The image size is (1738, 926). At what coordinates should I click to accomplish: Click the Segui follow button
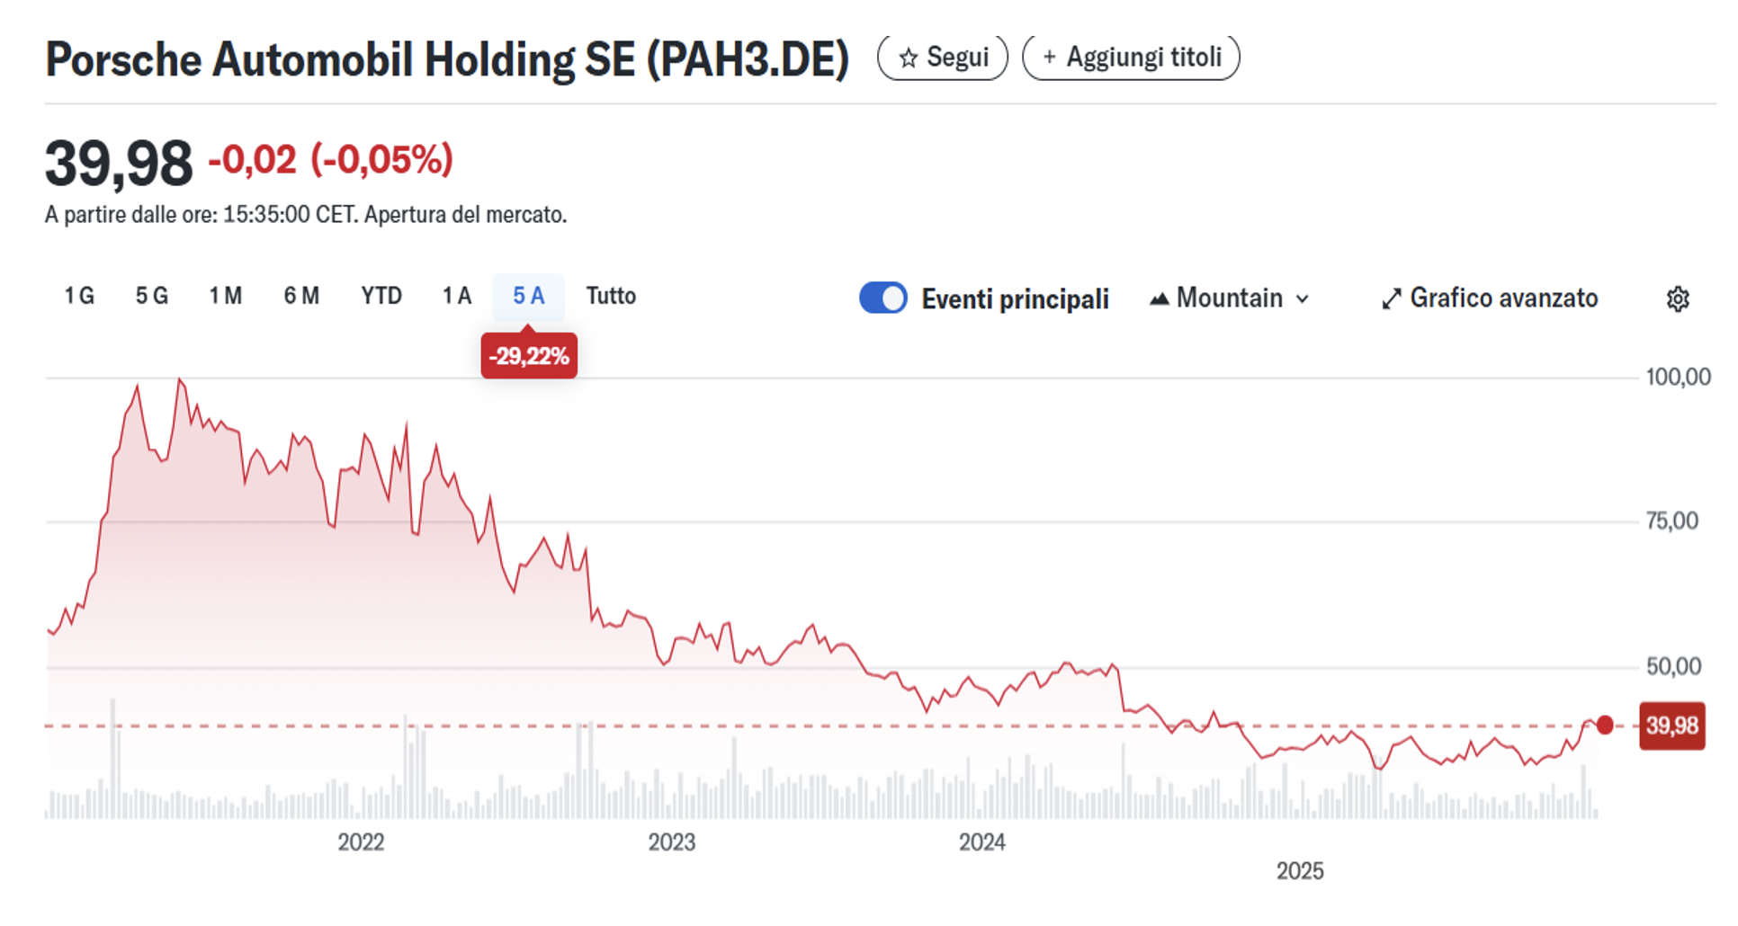click(x=943, y=58)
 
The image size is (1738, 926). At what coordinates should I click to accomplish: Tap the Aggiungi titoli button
click(x=1131, y=58)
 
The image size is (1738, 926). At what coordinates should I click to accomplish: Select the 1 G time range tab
click(x=79, y=296)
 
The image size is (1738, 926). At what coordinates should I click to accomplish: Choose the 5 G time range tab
click(x=152, y=296)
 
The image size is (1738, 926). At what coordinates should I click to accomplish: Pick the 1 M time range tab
click(x=226, y=296)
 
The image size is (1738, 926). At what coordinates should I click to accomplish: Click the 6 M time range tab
click(x=301, y=296)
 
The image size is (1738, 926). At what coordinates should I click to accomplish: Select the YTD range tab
click(x=381, y=296)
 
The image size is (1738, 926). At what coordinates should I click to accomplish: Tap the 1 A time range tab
click(x=457, y=296)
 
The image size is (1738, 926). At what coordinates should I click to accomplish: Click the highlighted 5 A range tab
click(x=528, y=296)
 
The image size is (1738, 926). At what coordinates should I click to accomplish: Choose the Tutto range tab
click(x=611, y=296)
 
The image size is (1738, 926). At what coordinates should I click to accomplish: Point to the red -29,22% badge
click(x=529, y=356)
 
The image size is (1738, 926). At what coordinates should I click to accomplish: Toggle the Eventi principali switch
click(x=883, y=298)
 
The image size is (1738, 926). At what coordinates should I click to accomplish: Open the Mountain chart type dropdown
click(x=1229, y=298)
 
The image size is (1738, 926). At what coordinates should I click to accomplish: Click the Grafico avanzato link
click(x=1490, y=298)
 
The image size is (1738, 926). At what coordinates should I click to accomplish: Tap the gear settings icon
click(x=1678, y=298)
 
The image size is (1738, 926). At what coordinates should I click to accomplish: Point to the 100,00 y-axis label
click(x=1678, y=377)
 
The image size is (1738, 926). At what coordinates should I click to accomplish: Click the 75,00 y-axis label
click(x=1672, y=521)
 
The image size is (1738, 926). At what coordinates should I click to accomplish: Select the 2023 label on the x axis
click(x=672, y=842)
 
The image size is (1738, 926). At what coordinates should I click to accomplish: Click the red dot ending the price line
click(x=1605, y=725)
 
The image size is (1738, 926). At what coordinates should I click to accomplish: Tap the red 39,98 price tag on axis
click(x=1671, y=726)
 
